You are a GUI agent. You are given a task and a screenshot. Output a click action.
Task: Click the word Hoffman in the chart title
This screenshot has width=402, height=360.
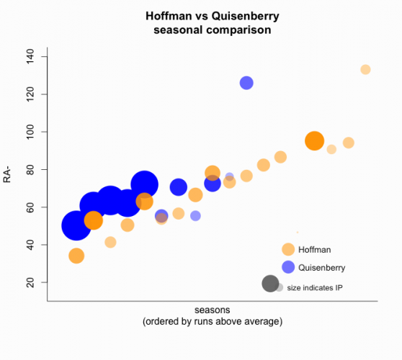coord(166,15)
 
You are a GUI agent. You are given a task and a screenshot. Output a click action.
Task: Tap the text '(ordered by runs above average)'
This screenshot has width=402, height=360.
coord(212,321)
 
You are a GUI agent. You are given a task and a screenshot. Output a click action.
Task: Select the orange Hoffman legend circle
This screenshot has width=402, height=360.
coord(288,249)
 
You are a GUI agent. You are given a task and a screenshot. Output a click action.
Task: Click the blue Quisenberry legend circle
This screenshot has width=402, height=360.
coord(288,267)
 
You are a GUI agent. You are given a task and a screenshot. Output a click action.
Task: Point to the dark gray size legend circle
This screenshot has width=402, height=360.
coord(270,284)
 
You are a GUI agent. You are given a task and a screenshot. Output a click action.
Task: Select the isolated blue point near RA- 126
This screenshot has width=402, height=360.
coord(246,83)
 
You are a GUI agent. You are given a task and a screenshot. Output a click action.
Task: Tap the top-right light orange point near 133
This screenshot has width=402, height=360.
coord(365,69)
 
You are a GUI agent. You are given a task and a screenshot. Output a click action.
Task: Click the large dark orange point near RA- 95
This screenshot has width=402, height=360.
coord(314,140)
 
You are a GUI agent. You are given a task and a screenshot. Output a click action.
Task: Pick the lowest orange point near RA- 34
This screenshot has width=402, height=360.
coord(76,256)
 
